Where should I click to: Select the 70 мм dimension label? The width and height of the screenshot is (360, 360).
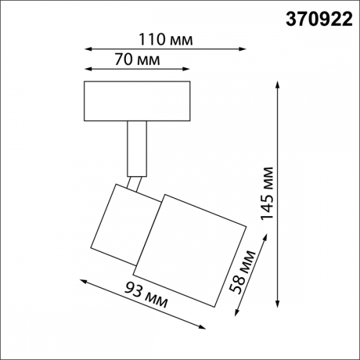(113, 59)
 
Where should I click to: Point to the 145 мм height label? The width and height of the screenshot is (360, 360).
(268, 196)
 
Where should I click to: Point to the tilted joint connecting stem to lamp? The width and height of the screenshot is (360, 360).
(136, 182)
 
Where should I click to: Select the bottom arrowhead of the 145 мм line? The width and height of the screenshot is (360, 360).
(279, 308)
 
